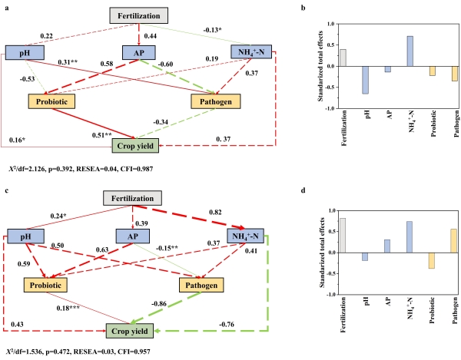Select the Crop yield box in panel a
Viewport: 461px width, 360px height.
point(134,144)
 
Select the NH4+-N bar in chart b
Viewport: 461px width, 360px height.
point(367,51)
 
